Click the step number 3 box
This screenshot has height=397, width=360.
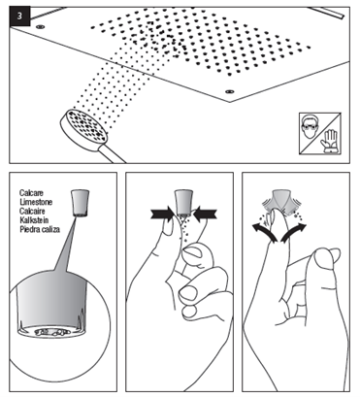pyautogui.click(x=19, y=17)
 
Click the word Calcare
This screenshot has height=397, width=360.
pyautogui.click(x=31, y=193)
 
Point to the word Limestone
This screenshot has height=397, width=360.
pyautogui.click(x=36, y=202)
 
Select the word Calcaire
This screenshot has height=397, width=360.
pyautogui.click(x=32, y=211)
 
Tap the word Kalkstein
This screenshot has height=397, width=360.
pyautogui.click(x=34, y=220)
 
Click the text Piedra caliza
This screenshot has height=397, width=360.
pyautogui.click(x=40, y=229)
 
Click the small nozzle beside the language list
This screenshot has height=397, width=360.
pyautogui.click(x=80, y=203)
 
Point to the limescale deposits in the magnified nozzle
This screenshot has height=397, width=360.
pyautogui.click(x=51, y=332)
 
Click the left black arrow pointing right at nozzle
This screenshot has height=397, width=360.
pyautogui.click(x=162, y=214)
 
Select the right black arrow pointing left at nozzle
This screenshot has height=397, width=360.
pyautogui.click(x=206, y=214)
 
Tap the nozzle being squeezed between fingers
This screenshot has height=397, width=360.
pyautogui.click(x=183, y=202)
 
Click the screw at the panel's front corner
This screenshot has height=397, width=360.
pyautogui.click(x=229, y=92)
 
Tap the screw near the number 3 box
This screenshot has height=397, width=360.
pyautogui.click(x=40, y=26)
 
